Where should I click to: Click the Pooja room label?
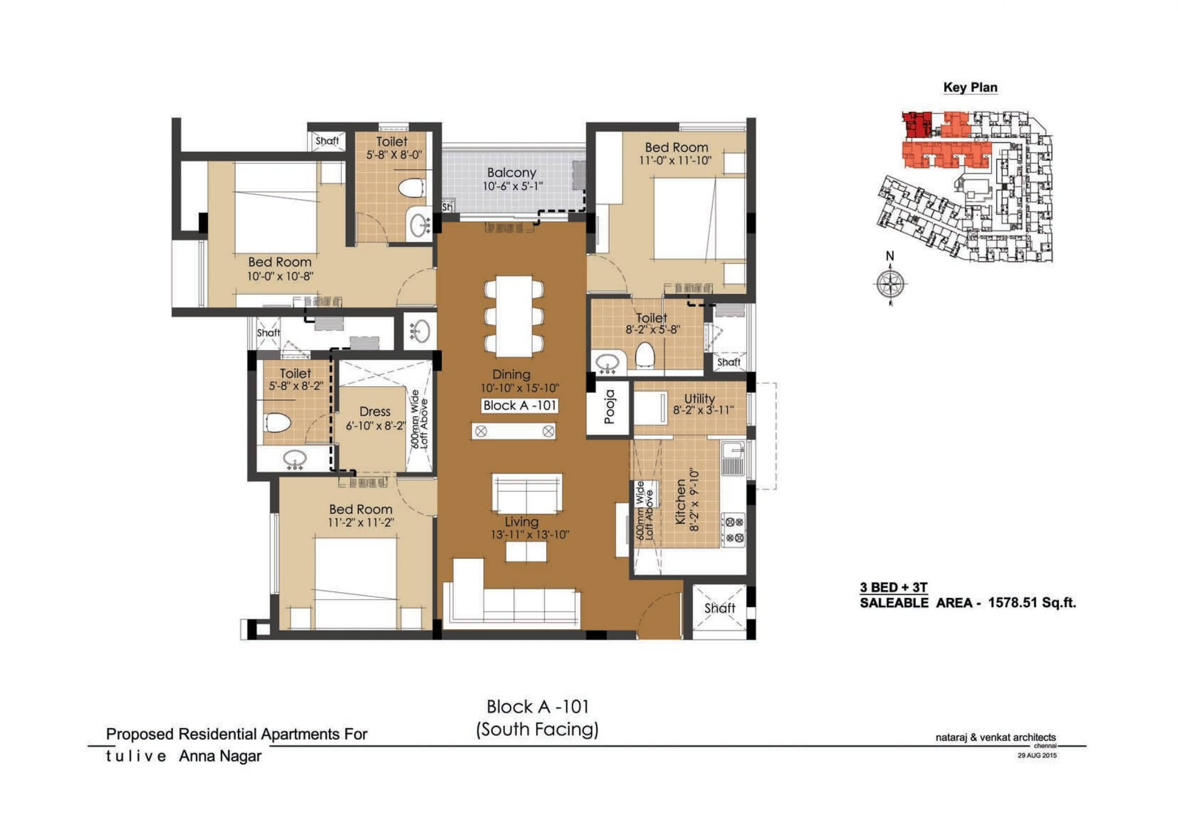(609, 407)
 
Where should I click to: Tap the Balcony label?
(512, 173)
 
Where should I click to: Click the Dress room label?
(375, 411)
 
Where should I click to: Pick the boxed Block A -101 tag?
(520, 405)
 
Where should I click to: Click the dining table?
(514, 316)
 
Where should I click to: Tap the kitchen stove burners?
(733, 530)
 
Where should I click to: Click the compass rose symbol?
(889, 283)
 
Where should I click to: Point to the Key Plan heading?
(970, 87)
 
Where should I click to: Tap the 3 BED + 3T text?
(894, 587)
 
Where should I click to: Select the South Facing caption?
(537, 729)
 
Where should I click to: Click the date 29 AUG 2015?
(1037, 756)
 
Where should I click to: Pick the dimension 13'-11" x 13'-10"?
(530, 535)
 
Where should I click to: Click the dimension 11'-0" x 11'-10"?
(675, 161)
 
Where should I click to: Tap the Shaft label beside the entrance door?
(719, 608)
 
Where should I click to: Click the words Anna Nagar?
(220, 756)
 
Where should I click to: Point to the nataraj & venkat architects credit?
(995, 738)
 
